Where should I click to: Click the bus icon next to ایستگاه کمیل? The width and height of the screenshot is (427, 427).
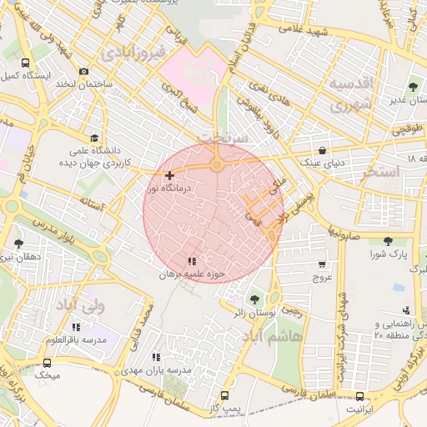pyautogui.click(x=25, y=63)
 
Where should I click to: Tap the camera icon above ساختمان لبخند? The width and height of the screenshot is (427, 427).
pyautogui.click(x=83, y=72)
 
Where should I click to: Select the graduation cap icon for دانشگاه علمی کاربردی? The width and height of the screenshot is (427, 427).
pyautogui.click(x=93, y=138)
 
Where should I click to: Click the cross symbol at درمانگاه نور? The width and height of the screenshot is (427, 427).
pyautogui.click(x=170, y=175)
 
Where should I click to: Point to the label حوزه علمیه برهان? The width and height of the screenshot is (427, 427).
pyautogui.click(x=193, y=274)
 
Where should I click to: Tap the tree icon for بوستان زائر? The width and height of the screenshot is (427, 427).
pyautogui.click(x=254, y=299)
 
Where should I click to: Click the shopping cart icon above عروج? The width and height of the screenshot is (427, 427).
pyautogui.click(x=322, y=264)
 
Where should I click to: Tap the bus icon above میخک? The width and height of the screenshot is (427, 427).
pyautogui.click(x=47, y=363)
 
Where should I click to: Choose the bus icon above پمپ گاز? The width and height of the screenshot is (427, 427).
pyautogui.click(x=224, y=395)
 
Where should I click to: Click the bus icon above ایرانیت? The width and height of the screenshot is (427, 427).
pyautogui.click(x=359, y=397)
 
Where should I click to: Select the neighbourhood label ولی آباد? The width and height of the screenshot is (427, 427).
pyautogui.click(x=79, y=307)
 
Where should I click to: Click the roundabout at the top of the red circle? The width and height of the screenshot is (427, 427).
pyautogui.click(x=217, y=165)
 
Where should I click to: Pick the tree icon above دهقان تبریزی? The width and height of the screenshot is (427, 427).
pyautogui.click(x=18, y=244)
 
